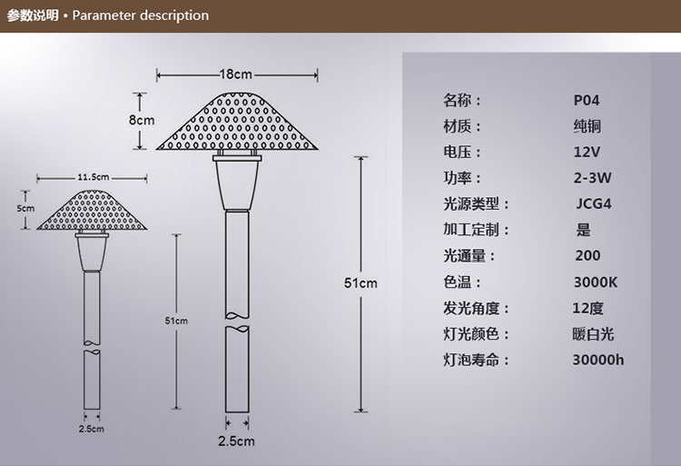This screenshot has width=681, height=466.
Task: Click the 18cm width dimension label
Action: click(x=236, y=74)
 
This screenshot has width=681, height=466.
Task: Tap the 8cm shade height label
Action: click(x=142, y=120)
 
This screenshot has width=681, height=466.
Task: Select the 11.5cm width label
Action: click(x=94, y=177)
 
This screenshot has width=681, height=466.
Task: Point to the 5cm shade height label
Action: click(x=25, y=208)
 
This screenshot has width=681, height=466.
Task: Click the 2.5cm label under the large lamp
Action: click(x=236, y=441)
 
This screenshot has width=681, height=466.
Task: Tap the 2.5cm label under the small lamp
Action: click(x=91, y=429)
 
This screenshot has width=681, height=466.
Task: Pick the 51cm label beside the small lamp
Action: click(x=176, y=321)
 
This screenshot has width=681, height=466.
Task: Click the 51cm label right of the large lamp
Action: click(x=360, y=283)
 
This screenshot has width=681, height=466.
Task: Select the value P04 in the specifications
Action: click(x=587, y=100)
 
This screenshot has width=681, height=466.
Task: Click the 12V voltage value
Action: click(x=587, y=152)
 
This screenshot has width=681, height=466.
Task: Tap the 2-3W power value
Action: click(x=592, y=178)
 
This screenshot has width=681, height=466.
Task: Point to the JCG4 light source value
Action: click(x=594, y=203)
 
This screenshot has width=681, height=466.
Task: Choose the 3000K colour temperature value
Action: click(x=596, y=283)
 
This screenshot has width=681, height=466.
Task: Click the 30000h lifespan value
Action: click(x=598, y=360)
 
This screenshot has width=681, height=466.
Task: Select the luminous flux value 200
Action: click(x=587, y=256)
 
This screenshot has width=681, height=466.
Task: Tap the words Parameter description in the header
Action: click(x=140, y=15)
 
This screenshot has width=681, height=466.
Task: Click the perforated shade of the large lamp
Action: click(x=237, y=121)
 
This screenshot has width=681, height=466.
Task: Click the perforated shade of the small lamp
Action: click(x=92, y=210)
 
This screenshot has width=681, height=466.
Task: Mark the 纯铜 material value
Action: click(x=587, y=126)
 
